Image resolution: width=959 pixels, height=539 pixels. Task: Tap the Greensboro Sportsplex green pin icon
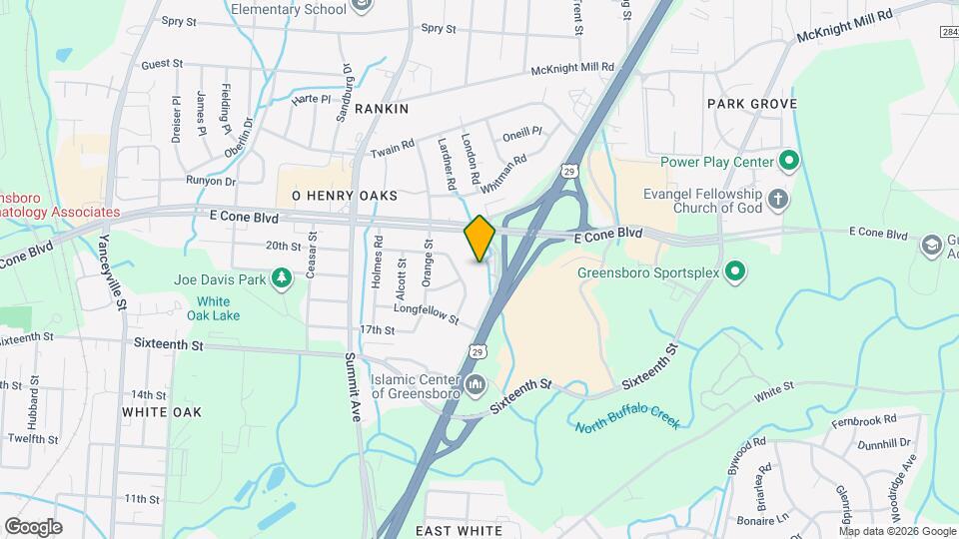click(x=735, y=270)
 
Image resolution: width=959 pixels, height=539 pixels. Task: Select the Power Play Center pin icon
click(x=787, y=161)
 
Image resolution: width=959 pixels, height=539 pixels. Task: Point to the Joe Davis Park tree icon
click(x=283, y=279)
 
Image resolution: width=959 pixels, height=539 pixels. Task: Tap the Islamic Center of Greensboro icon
click(x=476, y=384)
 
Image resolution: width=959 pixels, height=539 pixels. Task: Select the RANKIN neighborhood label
click(x=382, y=107)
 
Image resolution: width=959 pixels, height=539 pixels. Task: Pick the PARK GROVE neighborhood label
click(x=751, y=104)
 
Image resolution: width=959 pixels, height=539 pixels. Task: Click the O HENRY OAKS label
click(x=344, y=196)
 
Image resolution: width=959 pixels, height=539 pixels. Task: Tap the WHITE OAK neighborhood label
click(x=161, y=411)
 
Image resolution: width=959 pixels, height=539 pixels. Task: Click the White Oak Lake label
click(x=213, y=308)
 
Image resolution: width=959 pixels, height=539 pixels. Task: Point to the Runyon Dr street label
click(x=210, y=182)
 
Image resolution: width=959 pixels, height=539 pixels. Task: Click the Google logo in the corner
click(x=33, y=527)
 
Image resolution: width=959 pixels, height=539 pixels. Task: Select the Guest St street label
click(x=162, y=64)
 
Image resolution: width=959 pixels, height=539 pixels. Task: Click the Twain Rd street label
click(x=392, y=149)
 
